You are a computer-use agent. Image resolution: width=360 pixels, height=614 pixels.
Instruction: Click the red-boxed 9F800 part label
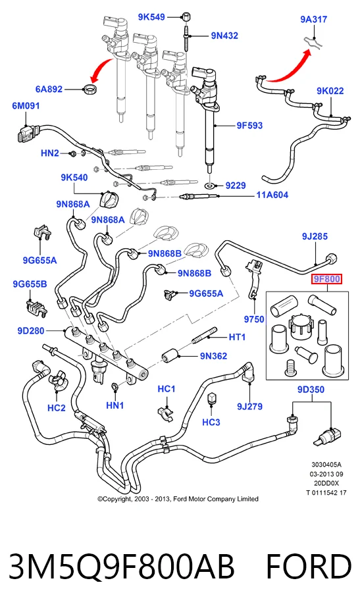pos(326,280)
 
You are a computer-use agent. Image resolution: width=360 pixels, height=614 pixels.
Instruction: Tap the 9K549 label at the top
pos(151,17)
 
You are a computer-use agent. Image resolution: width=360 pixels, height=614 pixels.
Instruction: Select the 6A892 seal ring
pos(91,89)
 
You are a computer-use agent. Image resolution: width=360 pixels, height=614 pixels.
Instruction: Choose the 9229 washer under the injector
pos(211,185)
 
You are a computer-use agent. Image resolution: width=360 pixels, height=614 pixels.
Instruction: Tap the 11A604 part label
pos(272,195)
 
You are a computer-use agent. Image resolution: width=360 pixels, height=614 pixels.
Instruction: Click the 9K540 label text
pos(74,178)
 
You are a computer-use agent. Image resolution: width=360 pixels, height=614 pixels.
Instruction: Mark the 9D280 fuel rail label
pos(30,331)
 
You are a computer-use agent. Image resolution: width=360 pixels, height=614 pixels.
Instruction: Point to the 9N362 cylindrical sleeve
pos(170,355)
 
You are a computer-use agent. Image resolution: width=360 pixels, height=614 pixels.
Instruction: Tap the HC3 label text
pos(211,422)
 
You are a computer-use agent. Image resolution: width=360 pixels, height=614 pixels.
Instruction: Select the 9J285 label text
pos(315,236)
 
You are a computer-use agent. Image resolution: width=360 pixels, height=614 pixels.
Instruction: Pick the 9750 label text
pos(254,319)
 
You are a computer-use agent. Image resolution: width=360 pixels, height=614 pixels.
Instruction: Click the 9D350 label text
pos(311,389)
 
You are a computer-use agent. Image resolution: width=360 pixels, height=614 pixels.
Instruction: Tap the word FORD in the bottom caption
pos(309,567)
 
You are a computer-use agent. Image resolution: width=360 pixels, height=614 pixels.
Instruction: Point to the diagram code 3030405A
pos(326,465)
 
